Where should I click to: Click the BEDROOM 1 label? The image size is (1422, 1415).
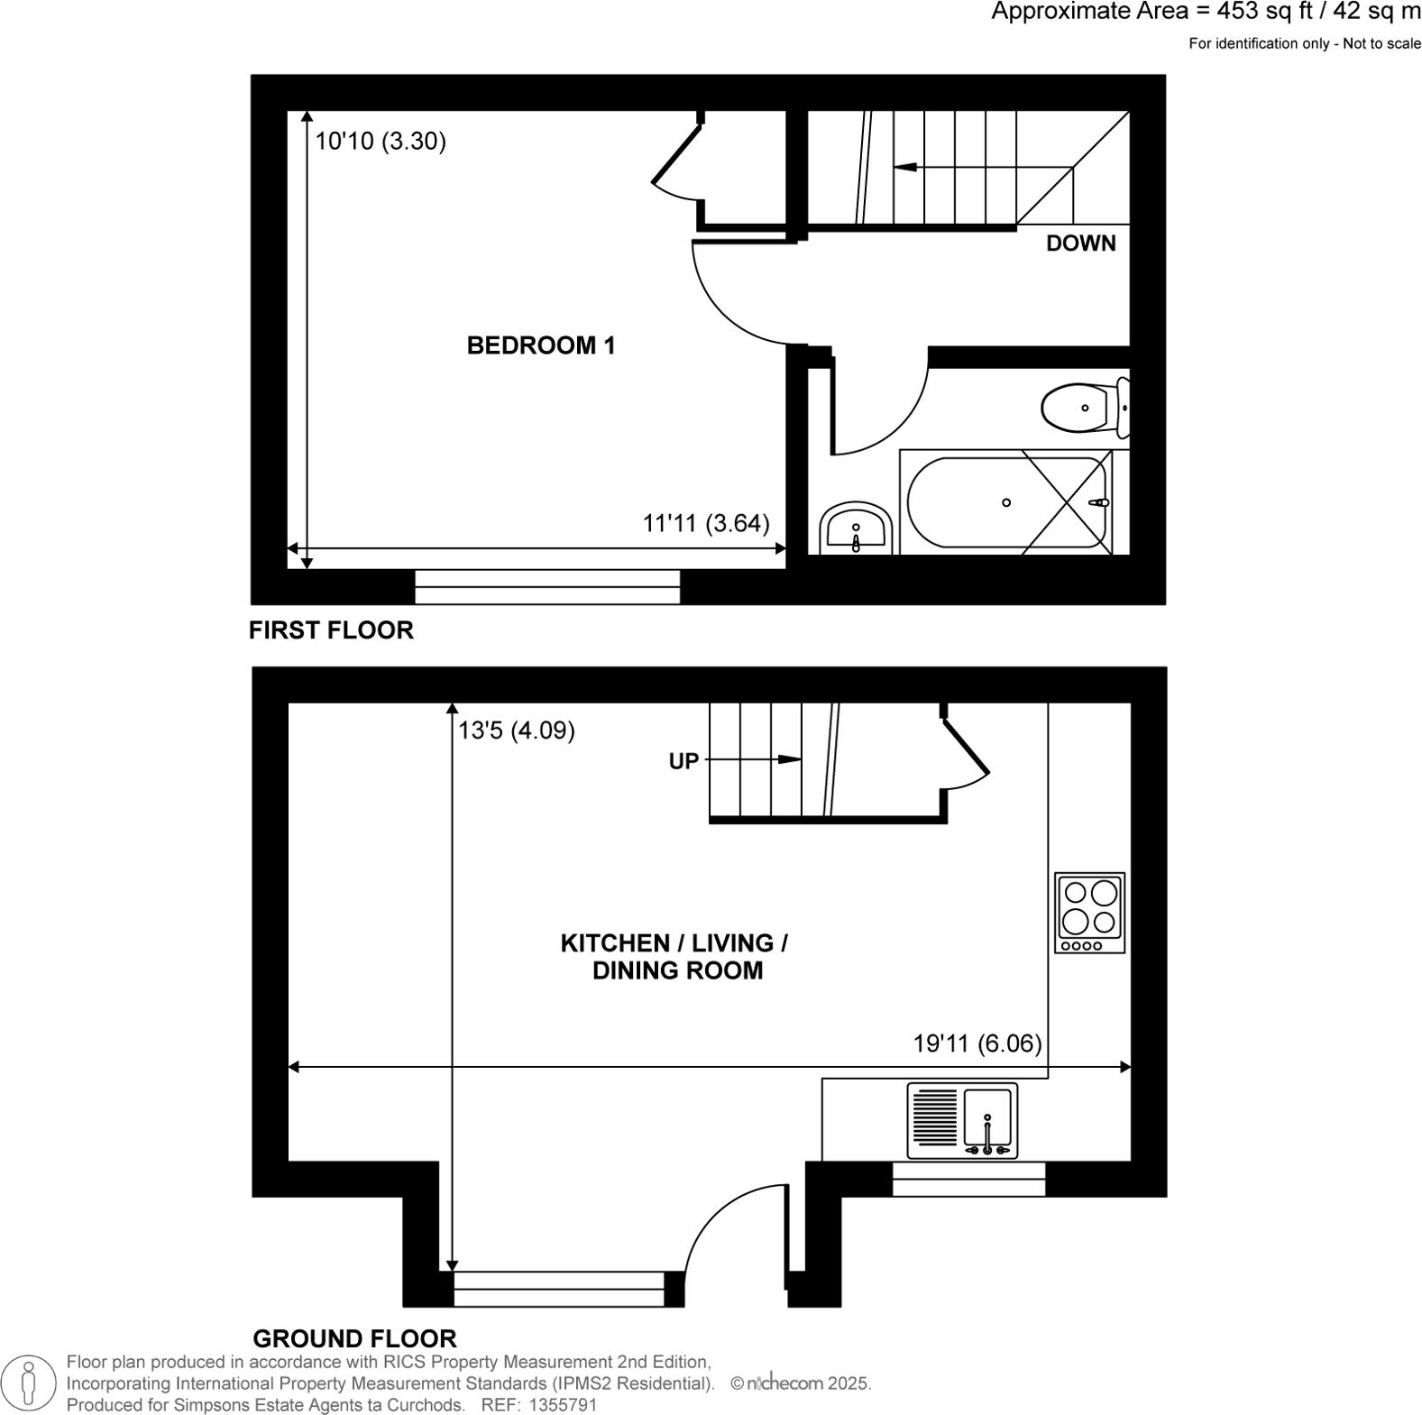[540, 345]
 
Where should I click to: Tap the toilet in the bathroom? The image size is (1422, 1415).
[1082, 409]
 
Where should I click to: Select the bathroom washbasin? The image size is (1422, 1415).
[855, 529]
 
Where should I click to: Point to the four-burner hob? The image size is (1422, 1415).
[1089, 912]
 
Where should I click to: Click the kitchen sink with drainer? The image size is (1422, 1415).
[962, 1121]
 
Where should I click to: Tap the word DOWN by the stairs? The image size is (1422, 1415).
[1080, 243]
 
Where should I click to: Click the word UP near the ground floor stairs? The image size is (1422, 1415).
[683, 761]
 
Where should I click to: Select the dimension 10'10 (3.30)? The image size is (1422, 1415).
[381, 142]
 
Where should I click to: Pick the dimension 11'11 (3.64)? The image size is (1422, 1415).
[706, 523]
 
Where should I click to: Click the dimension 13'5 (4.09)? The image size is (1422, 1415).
[517, 730]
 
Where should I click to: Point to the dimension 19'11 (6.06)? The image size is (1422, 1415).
[977, 1043]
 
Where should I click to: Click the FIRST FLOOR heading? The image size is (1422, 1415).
[331, 630]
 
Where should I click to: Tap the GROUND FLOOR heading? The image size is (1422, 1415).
[354, 1337]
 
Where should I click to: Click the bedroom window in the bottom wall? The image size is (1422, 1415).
[546, 586]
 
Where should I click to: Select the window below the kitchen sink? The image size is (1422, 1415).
[968, 1179]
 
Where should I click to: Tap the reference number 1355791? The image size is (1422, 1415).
[563, 1405]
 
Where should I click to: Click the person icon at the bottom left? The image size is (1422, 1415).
[29, 1382]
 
